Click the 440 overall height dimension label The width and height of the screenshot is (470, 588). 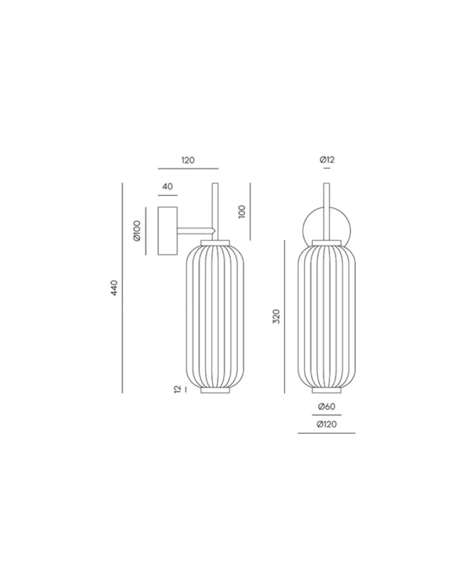pyautogui.click(x=114, y=288)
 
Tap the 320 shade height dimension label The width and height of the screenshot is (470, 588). pyautogui.click(x=276, y=316)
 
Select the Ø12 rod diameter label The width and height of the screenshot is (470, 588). pyautogui.click(x=327, y=160)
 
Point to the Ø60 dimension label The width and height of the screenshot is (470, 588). pyautogui.click(x=327, y=407)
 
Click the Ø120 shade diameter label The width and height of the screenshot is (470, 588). pyautogui.click(x=327, y=424)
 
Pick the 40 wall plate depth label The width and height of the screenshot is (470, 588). pyautogui.click(x=168, y=186)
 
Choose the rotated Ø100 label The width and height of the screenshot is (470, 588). pyautogui.click(x=137, y=231)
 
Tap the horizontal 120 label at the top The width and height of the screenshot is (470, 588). pyautogui.click(x=188, y=160)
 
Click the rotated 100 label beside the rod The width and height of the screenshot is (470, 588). pyautogui.click(x=242, y=212)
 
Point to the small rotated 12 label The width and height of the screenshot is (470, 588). pyautogui.click(x=177, y=390)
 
